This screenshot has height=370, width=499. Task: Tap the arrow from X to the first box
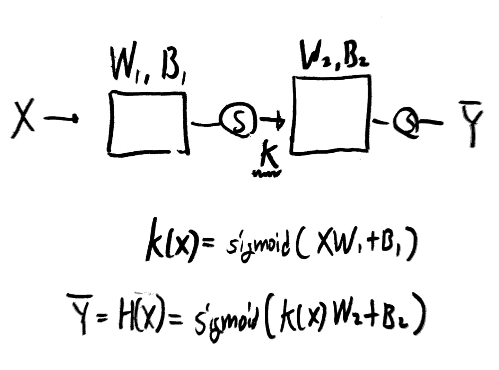pyautogui.click(x=61, y=119)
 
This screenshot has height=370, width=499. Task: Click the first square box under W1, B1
pyautogui.click(x=148, y=123)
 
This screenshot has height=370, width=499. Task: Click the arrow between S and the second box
pyautogui.click(x=272, y=121)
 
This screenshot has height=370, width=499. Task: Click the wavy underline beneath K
pyautogui.click(x=266, y=174)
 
